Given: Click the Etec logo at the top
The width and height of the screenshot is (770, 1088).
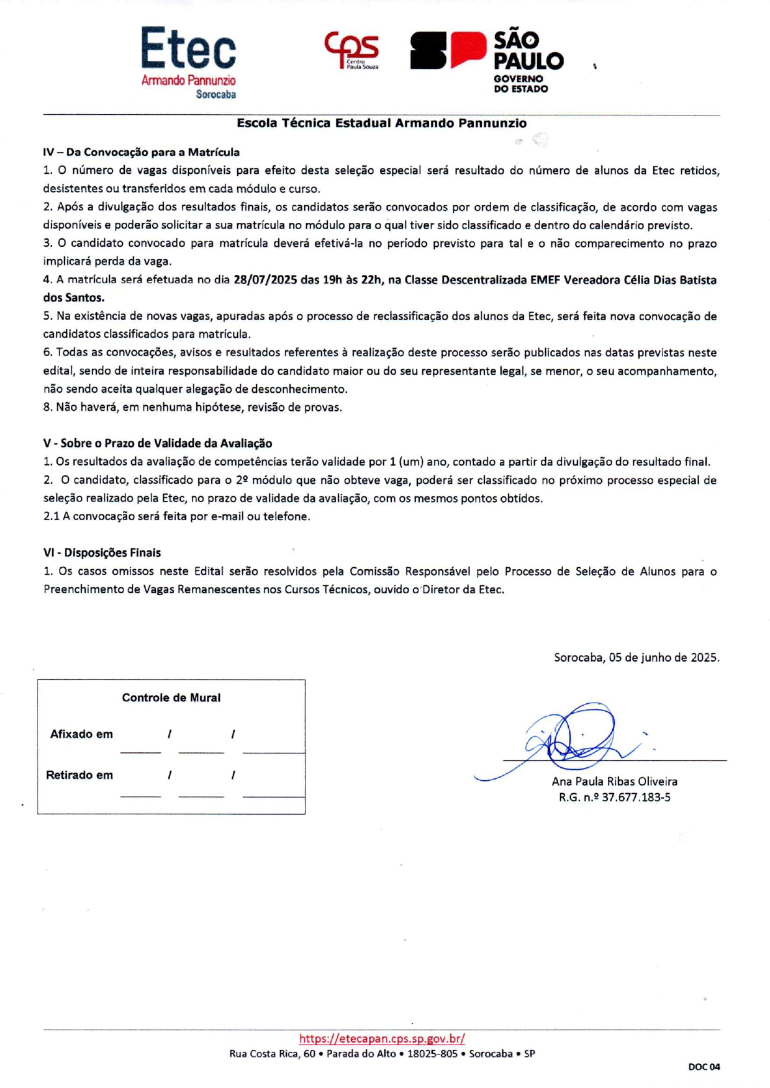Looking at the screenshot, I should (x=188, y=61).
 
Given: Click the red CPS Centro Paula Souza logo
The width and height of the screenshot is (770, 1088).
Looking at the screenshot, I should (x=351, y=50).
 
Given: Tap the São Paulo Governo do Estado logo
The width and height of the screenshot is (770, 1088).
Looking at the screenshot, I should (x=487, y=61).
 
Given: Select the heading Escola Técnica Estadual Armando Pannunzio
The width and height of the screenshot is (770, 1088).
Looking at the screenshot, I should (x=381, y=123).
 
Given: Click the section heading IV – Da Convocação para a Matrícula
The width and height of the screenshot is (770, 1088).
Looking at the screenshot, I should (x=141, y=152).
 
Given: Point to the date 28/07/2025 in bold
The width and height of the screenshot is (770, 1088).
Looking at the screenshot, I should (x=265, y=280).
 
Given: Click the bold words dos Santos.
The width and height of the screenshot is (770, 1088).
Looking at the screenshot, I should (x=74, y=298).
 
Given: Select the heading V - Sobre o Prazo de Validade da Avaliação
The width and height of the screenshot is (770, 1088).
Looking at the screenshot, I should (x=158, y=443).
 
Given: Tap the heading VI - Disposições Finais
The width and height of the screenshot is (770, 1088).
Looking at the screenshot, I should (x=102, y=552).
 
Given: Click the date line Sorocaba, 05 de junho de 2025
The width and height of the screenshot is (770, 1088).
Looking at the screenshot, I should (x=636, y=657).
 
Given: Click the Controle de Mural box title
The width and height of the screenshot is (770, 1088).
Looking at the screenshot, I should (x=171, y=698).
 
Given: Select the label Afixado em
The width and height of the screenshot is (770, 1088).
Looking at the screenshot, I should (x=81, y=734).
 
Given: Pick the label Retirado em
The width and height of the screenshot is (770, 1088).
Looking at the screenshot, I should (x=79, y=775).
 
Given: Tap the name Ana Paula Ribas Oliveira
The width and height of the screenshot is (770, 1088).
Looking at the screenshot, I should (x=614, y=781).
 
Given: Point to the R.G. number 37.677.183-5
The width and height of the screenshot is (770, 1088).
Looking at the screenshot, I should (x=636, y=798).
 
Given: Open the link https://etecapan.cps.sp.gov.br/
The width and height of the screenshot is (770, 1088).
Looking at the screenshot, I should (x=382, y=1038).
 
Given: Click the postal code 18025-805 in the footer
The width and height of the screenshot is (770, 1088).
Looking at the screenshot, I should (x=432, y=1053).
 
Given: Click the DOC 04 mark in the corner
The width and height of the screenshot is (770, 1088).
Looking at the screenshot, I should (x=704, y=1067).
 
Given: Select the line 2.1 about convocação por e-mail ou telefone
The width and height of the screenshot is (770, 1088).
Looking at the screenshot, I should (x=177, y=516).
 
